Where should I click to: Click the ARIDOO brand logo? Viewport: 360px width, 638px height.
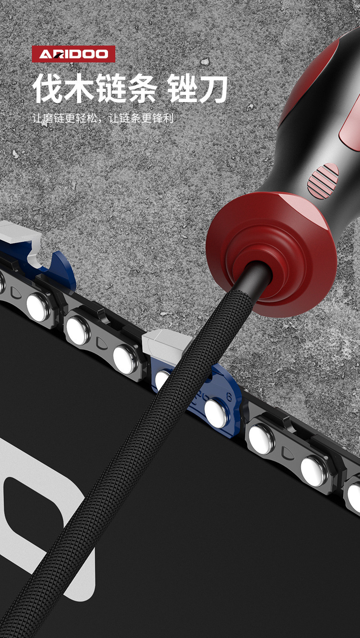point(73,54)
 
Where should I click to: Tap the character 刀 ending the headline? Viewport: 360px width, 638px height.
point(213,88)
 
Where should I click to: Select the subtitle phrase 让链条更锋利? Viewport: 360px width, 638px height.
point(141,118)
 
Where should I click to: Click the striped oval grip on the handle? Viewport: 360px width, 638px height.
point(323,180)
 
